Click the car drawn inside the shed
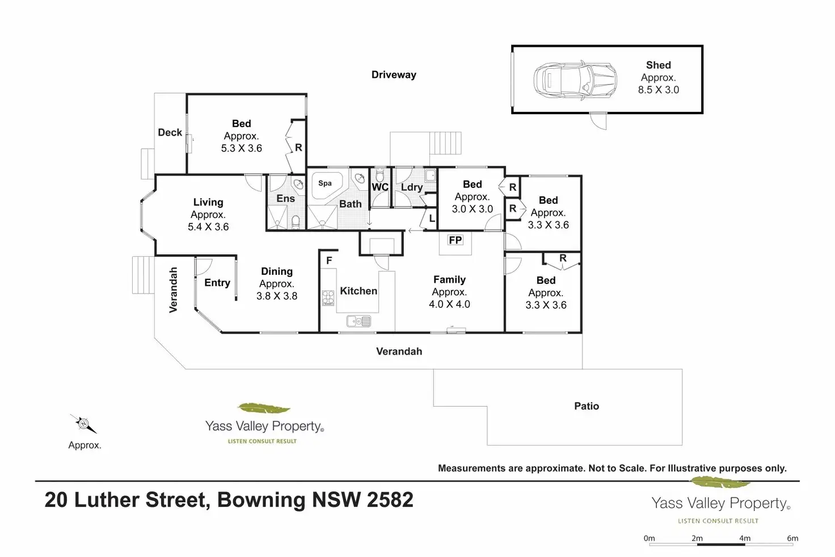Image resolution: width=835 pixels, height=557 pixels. coord(575,80)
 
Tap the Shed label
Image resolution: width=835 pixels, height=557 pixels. coord(659,65)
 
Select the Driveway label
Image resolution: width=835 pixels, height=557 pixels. coord(394,74)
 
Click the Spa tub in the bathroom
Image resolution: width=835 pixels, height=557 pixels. coord(327,186)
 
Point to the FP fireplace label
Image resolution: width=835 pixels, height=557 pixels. coord(455,240)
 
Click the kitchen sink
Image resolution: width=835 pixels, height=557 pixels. coord(359,321)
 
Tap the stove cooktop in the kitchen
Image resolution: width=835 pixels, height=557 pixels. coord(328,298)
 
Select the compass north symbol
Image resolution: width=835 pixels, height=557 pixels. coord(84,424)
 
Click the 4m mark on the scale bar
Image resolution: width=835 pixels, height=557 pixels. coord(745,538)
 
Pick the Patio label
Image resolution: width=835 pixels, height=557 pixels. coord(587,406)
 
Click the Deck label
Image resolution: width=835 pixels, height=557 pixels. coord(170,132)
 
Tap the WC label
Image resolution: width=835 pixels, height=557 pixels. coord(380,187)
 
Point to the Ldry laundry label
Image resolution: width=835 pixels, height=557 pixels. coord(412,187)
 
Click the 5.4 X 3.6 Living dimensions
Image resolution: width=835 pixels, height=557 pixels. coord(208,227)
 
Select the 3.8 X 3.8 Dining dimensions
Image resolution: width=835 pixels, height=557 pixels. coord(277,296)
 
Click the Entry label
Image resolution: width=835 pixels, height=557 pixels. coord(217,283)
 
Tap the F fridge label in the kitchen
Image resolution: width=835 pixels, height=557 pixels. coord(329,261)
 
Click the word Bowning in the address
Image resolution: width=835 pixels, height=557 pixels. coord(262,500)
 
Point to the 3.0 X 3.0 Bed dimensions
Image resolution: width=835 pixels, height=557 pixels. coord(473,209)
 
